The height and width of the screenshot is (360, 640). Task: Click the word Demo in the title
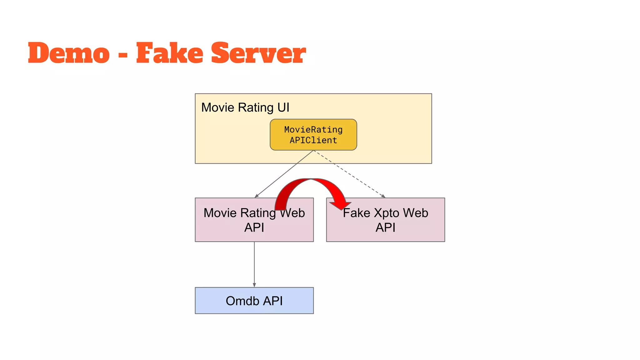tap(69, 53)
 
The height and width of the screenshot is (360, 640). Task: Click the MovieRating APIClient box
tap(313, 135)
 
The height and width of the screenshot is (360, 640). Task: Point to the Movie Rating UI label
tap(245, 107)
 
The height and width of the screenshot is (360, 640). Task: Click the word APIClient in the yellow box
tap(313, 140)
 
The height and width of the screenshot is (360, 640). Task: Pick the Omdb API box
tap(254, 301)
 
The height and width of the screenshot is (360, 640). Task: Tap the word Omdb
tap(242, 301)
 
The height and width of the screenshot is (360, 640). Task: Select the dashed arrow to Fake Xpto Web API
tap(350, 174)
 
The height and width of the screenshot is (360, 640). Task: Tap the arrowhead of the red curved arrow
tap(341, 205)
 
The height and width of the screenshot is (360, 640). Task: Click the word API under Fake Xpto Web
tap(385, 227)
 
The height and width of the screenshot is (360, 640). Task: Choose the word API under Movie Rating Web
tap(254, 227)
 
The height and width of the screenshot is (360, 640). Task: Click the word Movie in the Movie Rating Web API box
tap(220, 213)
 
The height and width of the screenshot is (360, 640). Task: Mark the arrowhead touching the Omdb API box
tap(254, 285)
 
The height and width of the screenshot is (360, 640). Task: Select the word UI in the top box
tap(283, 107)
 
